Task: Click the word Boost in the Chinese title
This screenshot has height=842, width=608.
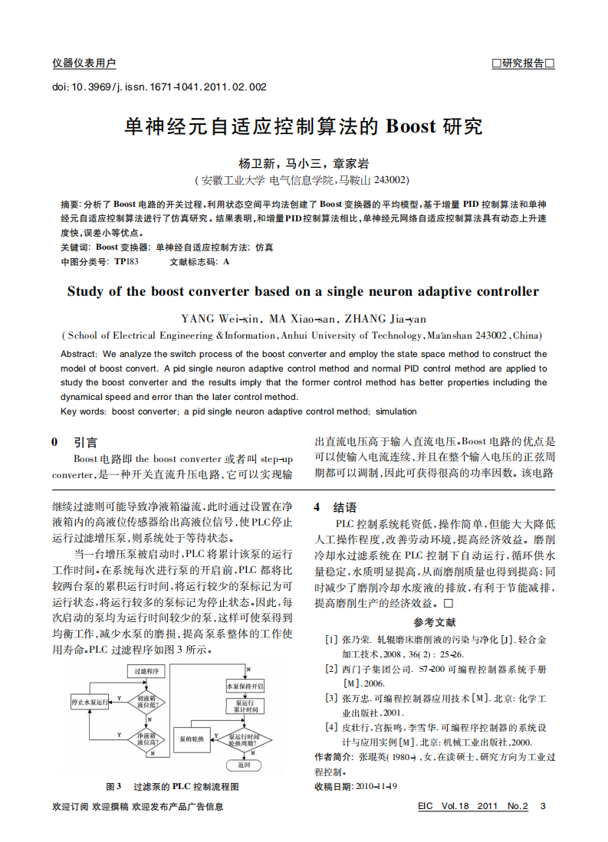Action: (x=410, y=126)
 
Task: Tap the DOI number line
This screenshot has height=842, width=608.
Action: (x=159, y=87)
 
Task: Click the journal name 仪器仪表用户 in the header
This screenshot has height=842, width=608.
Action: (x=84, y=64)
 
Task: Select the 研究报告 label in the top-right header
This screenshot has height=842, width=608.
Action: (x=523, y=64)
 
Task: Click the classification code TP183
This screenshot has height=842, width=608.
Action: (x=127, y=261)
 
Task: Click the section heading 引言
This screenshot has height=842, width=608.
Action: (x=85, y=442)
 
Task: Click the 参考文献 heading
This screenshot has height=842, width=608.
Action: (x=434, y=622)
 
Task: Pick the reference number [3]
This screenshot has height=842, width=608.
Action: (x=330, y=698)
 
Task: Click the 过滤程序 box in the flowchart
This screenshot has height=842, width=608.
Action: (x=146, y=671)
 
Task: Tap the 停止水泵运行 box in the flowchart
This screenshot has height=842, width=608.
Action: (x=90, y=701)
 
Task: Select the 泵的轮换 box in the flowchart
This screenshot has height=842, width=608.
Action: (x=191, y=739)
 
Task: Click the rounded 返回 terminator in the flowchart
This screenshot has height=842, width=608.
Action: (x=244, y=765)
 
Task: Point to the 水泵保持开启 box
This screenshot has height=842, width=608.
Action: (x=245, y=686)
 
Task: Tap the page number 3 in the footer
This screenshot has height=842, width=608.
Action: (x=543, y=806)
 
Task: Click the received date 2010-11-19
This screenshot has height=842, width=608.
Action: (x=376, y=786)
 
